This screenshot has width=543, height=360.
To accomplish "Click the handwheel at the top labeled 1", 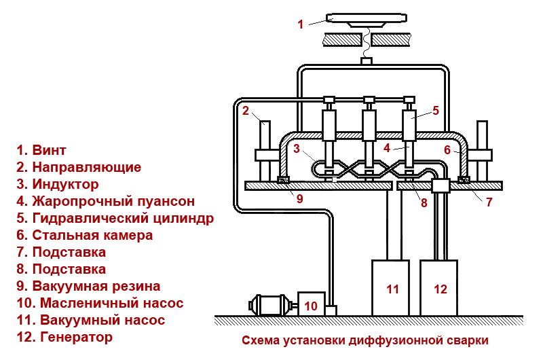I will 367,18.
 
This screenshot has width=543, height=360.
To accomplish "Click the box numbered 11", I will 390,288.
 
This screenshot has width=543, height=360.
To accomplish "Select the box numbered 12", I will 441,288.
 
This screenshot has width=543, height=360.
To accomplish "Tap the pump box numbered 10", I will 311,305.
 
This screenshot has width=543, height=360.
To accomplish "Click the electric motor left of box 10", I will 270,305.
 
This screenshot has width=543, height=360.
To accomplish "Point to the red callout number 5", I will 436,109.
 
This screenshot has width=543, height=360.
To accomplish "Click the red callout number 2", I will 246,111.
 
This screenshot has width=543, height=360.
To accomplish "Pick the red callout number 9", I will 299,199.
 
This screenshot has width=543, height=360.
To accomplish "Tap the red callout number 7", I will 489,201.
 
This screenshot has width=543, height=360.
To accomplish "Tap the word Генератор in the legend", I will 76,336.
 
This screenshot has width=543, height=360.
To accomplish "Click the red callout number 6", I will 447,149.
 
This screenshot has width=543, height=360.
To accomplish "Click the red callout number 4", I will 386,147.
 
